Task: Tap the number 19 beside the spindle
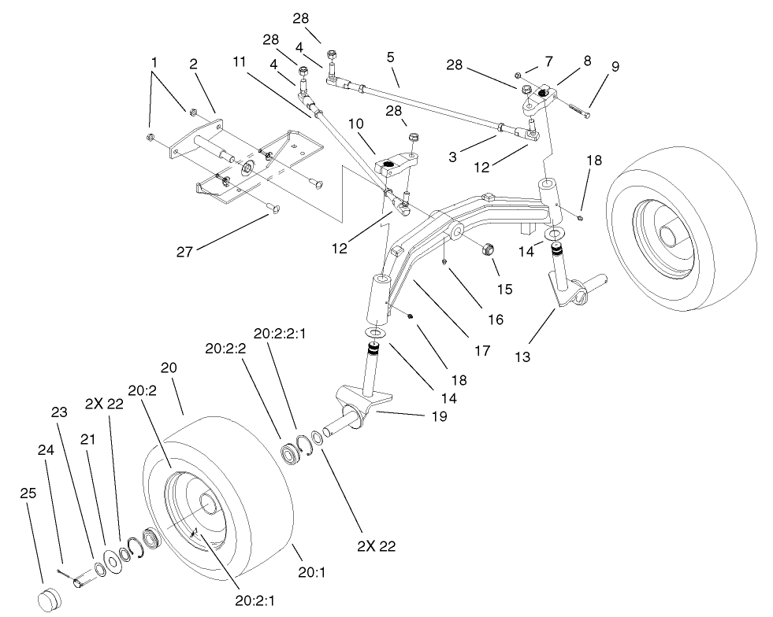pos(438,416)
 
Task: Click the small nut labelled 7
pos(519,74)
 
